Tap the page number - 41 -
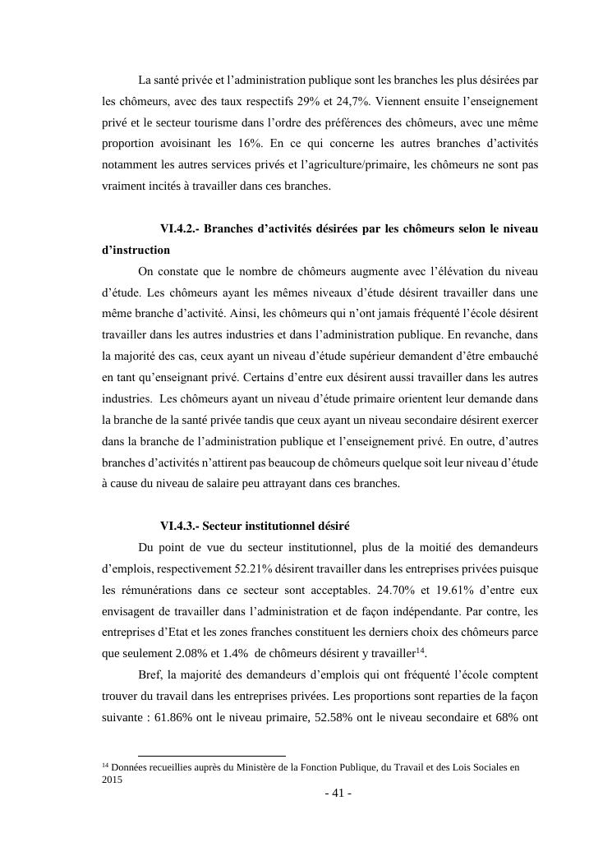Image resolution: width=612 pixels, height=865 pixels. [338, 793]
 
